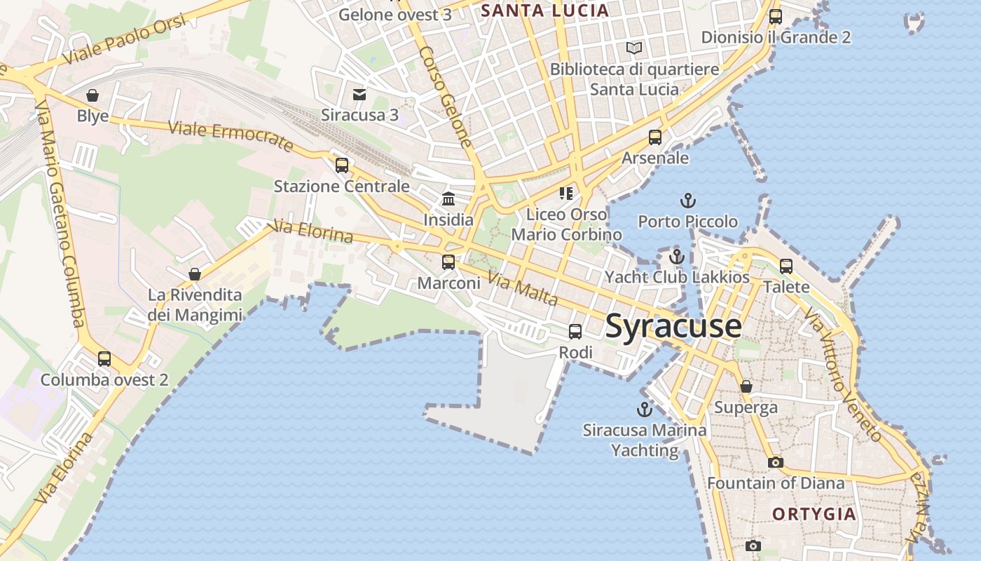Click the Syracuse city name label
click(x=673, y=326)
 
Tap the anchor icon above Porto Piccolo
click(x=687, y=201)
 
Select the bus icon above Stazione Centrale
click(x=342, y=165)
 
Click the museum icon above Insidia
click(x=448, y=199)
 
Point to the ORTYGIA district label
click(x=814, y=514)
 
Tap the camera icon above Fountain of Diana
click(x=775, y=462)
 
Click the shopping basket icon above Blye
click(x=92, y=95)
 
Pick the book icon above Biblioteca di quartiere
click(x=634, y=48)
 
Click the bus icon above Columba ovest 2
click(x=104, y=359)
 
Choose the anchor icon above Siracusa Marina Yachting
click(x=644, y=410)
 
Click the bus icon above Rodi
click(x=575, y=332)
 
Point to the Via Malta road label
click(x=523, y=290)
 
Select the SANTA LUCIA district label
click(x=544, y=11)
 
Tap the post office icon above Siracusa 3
click(x=359, y=94)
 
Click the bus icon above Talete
click(x=786, y=266)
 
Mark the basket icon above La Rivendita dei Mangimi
click(x=195, y=274)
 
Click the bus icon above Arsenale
click(x=655, y=137)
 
